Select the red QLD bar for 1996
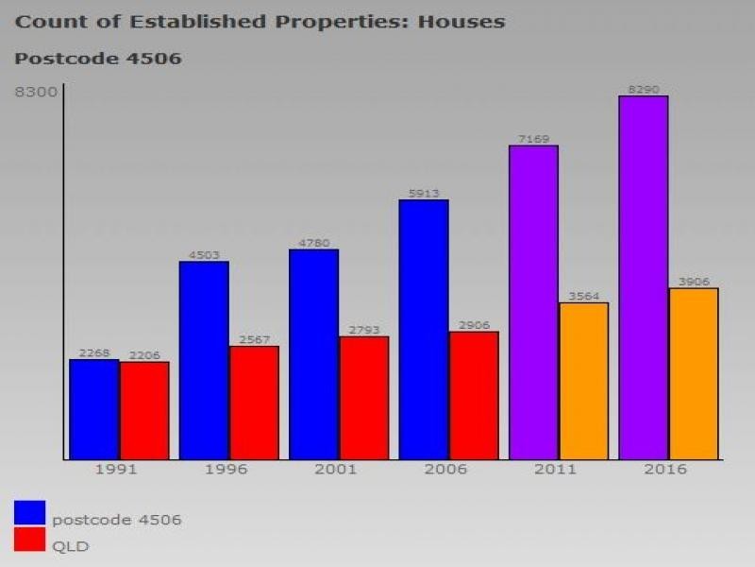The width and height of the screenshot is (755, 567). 254,403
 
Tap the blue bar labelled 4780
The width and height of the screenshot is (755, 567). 313,354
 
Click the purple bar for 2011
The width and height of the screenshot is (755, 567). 533,302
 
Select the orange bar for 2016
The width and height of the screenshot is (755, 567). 694,373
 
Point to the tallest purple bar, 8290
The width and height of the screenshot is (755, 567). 644,278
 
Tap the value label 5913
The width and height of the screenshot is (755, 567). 424,194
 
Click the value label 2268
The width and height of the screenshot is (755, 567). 94,353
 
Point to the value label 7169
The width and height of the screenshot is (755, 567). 533,140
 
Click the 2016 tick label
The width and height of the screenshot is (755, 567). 666,470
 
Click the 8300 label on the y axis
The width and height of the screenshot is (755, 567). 36,91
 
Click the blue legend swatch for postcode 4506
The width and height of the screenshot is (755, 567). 29,512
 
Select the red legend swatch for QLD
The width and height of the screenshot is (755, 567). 29,541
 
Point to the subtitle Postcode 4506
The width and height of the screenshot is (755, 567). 98,59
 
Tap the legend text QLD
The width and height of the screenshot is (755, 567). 71,546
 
